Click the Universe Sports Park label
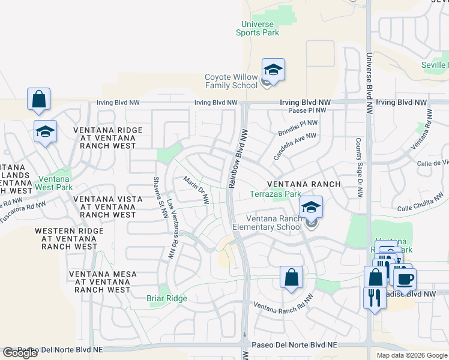[x=260, y=28]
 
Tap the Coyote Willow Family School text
[x=231, y=81]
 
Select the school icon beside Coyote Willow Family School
[x=273, y=71]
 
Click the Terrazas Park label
[x=276, y=194]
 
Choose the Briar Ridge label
[x=167, y=298]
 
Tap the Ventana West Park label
[x=55, y=183]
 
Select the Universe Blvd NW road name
[x=368, y=81]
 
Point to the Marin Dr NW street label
[x=196, y=190]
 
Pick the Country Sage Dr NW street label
[x=359, y=167]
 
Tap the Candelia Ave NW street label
[x=295, y=142]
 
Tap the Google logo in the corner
[x=20, y=353]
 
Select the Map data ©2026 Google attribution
[x=411, y=355]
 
